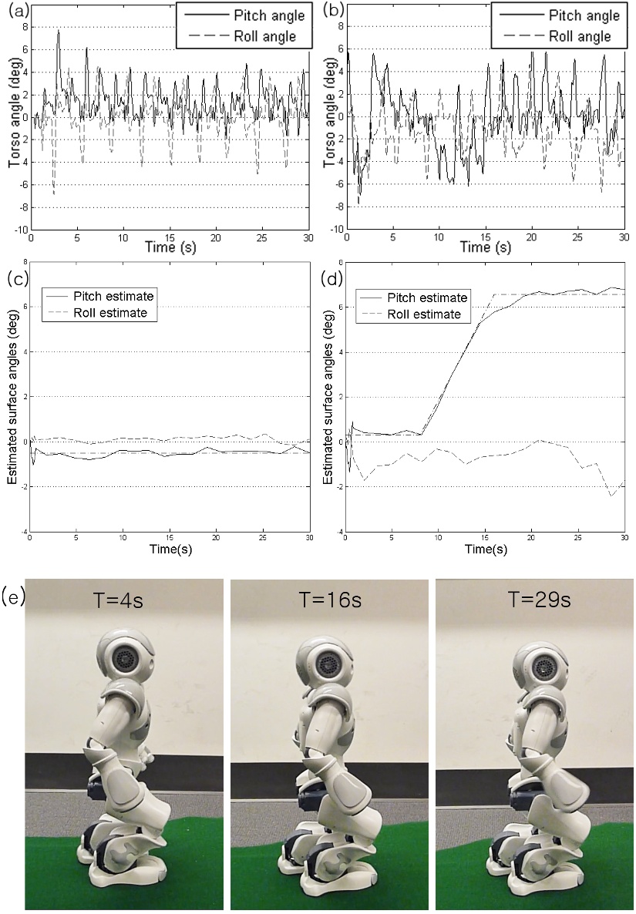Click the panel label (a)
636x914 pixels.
click(x=17, y=11)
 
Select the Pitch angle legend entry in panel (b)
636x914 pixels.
click(x=560, y=15)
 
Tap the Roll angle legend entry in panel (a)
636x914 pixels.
click(x=245, y=36)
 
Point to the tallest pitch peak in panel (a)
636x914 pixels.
click(x=59, y=31)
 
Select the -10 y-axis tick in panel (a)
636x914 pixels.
click(x=21, y=230)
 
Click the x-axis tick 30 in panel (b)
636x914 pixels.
click(x=624, y=238)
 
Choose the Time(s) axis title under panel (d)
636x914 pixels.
click(x=486, y=549)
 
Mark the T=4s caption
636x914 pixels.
click(x=119, y=600)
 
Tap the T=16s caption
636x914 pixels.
click(x=330, y=600)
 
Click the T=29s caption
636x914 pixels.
click(x=539, y=600)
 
